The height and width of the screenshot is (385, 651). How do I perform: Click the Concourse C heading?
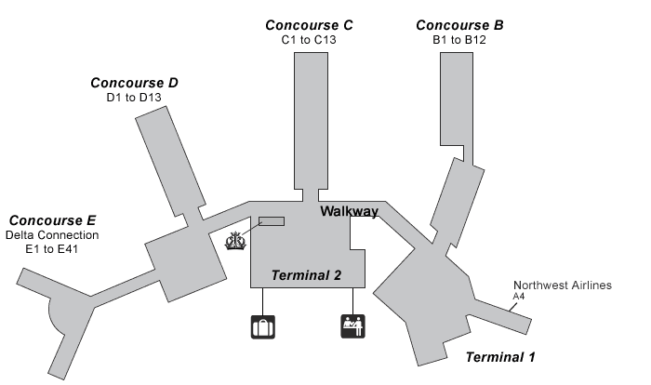(x=308, y=25)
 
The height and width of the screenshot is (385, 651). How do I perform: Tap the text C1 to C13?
(x=308, y=41)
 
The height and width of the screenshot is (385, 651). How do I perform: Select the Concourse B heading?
(x=459, y=25)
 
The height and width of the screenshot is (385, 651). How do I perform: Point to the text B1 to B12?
(x=459, y=41)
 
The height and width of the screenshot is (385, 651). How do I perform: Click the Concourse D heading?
(x=134, y=83)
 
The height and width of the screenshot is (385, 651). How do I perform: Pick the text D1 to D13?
(x=136, y=99)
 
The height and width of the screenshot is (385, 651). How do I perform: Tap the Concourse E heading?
(x=52, y=220)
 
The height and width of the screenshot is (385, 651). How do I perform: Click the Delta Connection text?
(x=52, y=235)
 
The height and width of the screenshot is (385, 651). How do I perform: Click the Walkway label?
(x=349, y=212)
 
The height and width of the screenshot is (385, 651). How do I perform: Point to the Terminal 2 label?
(x=306, y=275)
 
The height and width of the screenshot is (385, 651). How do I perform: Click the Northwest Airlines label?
(x=563, y=285)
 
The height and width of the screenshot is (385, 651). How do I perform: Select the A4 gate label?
(x=518, y=298)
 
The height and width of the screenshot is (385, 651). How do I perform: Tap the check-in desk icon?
(x=352, y=326)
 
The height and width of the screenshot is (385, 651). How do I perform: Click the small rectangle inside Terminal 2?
(x=272, y=221)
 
